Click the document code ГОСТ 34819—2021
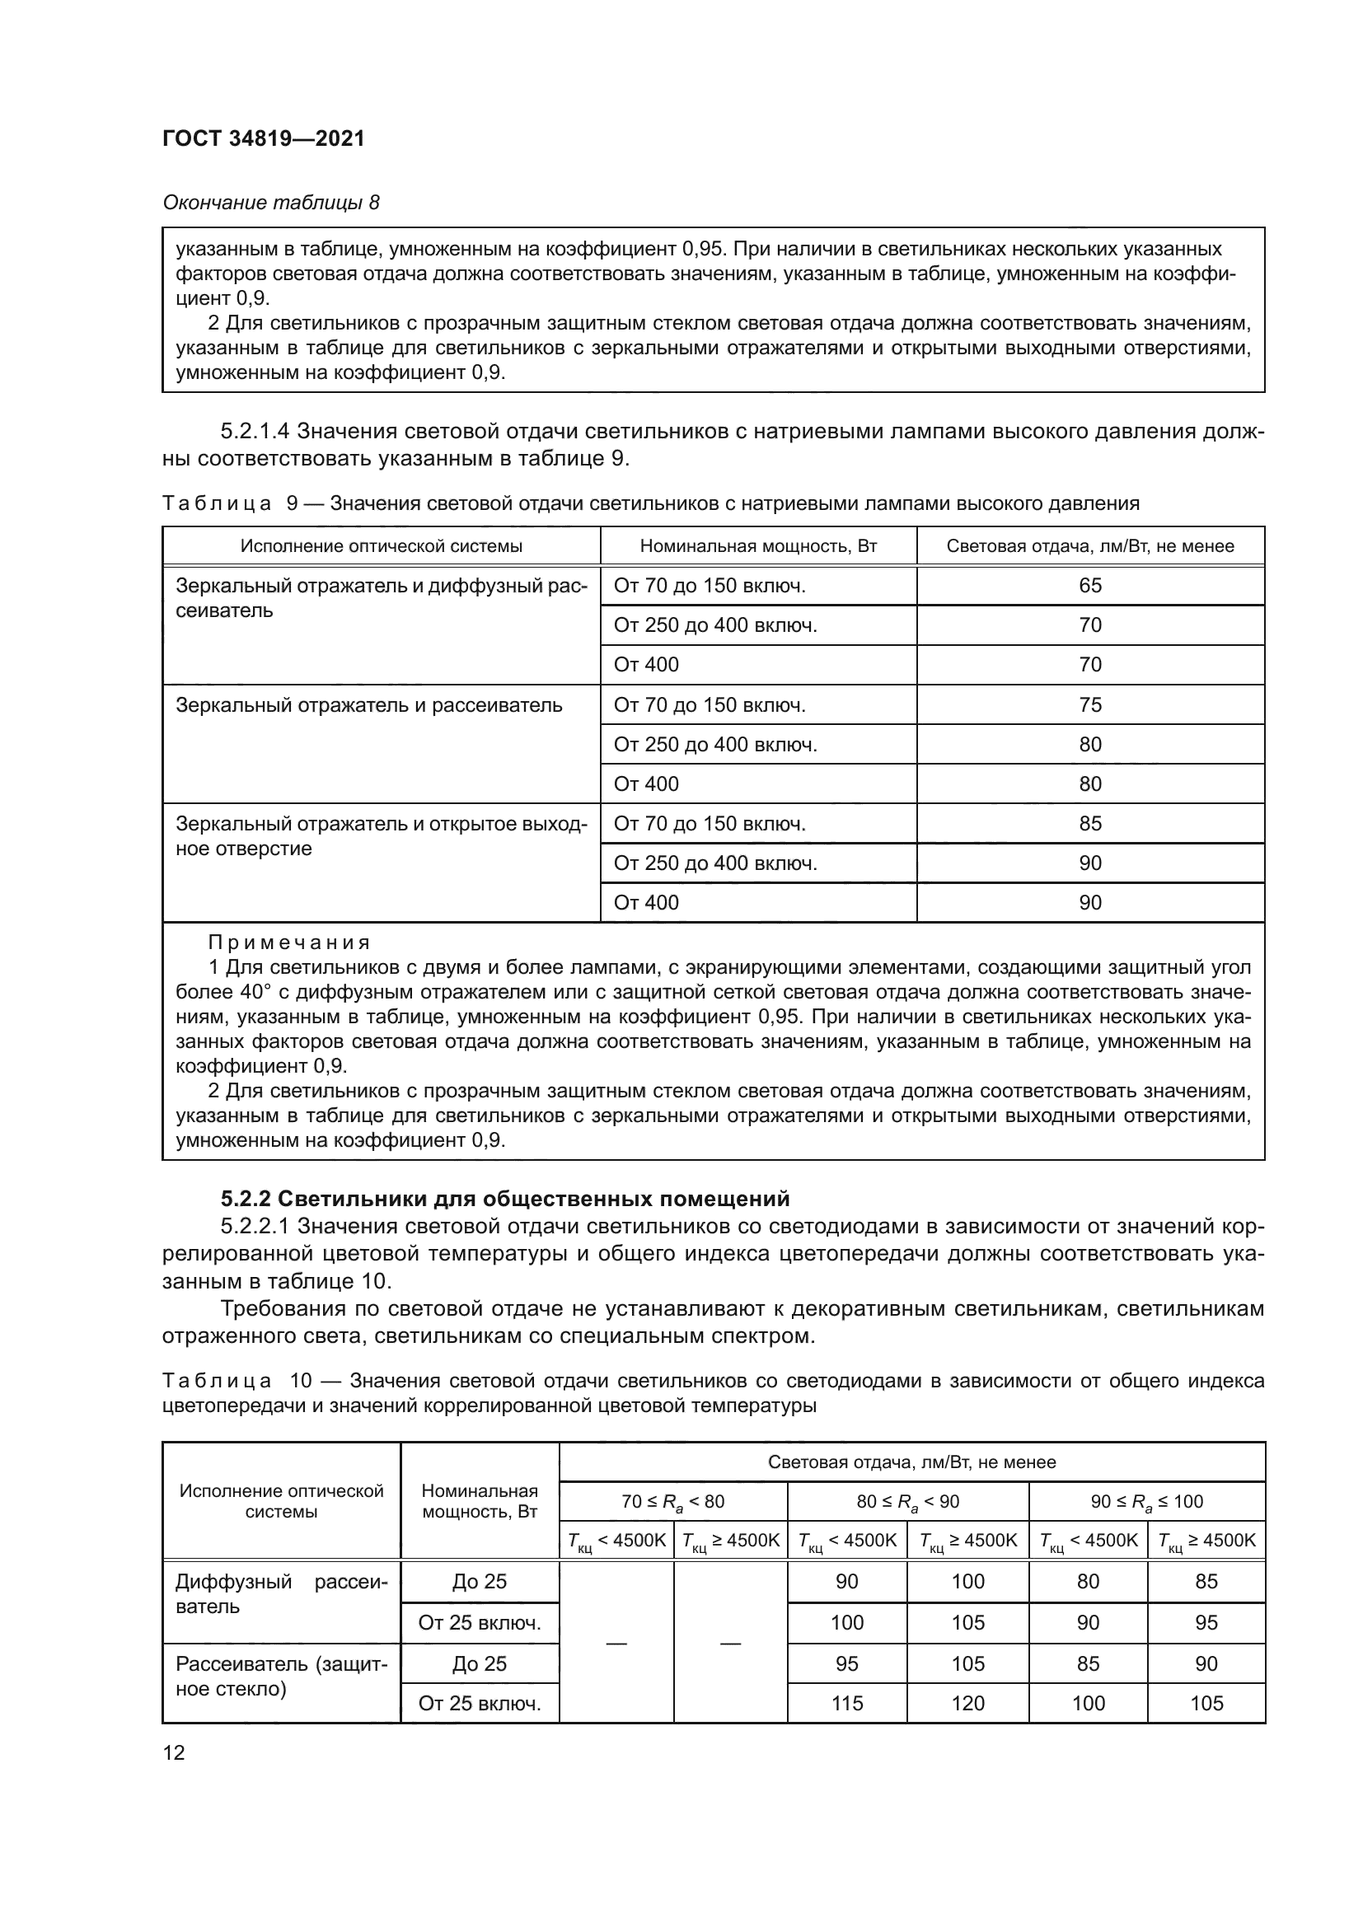(264, 138)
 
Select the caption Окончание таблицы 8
(270, 203)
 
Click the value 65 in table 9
(1089, 585)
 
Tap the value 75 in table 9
(1089, 704)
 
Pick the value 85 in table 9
(1089, 823)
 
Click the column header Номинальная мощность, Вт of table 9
(758, 546)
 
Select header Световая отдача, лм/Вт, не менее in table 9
(1089, 546)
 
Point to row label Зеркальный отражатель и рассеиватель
(368, 705)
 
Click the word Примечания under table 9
(288, 942)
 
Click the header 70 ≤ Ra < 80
(672, 1502)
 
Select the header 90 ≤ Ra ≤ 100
(1145, 1502)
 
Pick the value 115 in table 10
(846, 1703)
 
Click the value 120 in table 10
(967, 1703)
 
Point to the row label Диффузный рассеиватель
(281, 1594)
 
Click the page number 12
(174, 1752)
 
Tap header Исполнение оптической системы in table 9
(381, 546)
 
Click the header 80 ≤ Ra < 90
(907, 1502)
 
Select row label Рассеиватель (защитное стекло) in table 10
(281, 1676)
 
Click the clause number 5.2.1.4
(255, 432)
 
